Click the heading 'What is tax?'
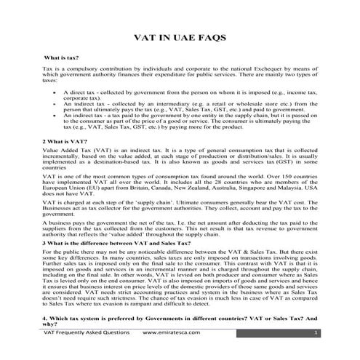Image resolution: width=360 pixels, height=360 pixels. (x=62, y=57)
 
